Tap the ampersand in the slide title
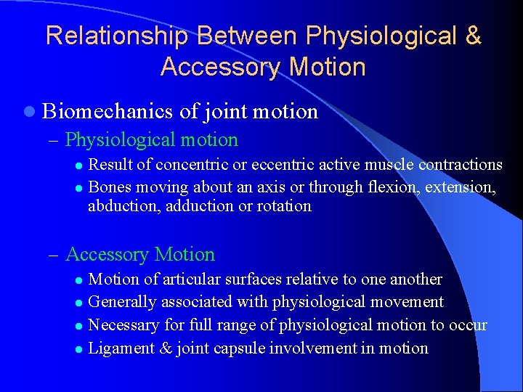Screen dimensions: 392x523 [x=472, y=36]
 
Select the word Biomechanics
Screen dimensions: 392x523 [x=108, y=112]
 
